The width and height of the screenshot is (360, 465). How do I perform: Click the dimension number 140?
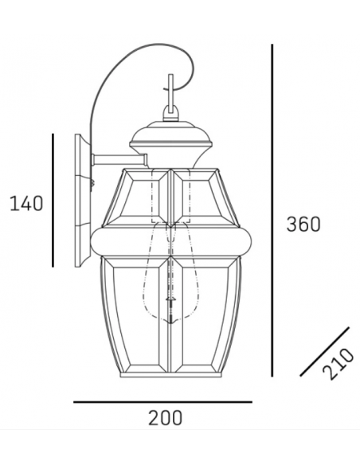25,204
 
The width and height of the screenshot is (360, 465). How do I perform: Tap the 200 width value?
165,416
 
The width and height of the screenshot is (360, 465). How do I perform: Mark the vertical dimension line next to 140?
52,200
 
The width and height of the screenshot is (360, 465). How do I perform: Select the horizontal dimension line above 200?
162,402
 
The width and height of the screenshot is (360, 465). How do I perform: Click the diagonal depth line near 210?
325,350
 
